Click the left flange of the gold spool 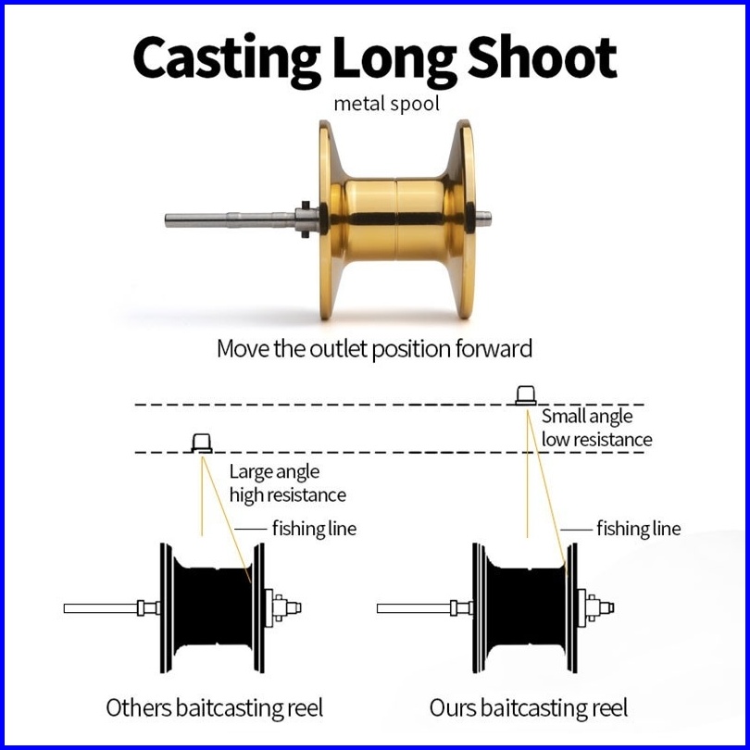[x=327, y=219]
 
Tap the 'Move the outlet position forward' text [x=375, y=349]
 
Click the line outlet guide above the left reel [x=202, y=443]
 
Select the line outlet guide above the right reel [x=525, y=395]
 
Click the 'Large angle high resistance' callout [x=287, y=484]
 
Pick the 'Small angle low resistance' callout [x=596, y=428]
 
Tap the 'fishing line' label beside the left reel [x=313, y=529]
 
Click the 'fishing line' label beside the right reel [x=638, y=529]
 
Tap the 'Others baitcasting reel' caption [x=215, y=708]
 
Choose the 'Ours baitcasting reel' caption [x=528, y=708]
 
